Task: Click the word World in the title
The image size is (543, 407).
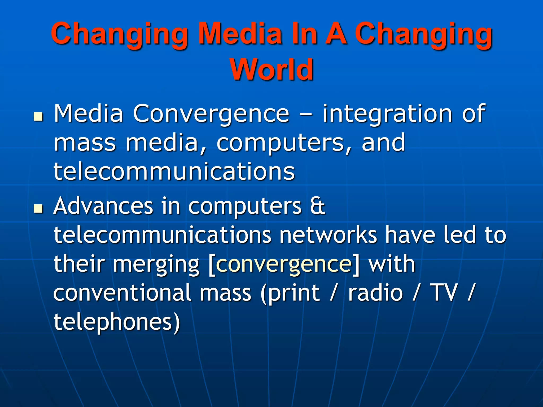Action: [x=271, y=69]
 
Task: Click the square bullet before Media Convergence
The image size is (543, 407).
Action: [x=39, y=116]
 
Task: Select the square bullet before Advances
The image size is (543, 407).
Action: [x=39, y=209]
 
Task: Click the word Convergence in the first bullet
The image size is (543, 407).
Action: [x=211, y=114]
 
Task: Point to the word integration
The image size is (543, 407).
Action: [x=387, y=114]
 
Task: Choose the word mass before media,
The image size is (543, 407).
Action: [x=85, y=143]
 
